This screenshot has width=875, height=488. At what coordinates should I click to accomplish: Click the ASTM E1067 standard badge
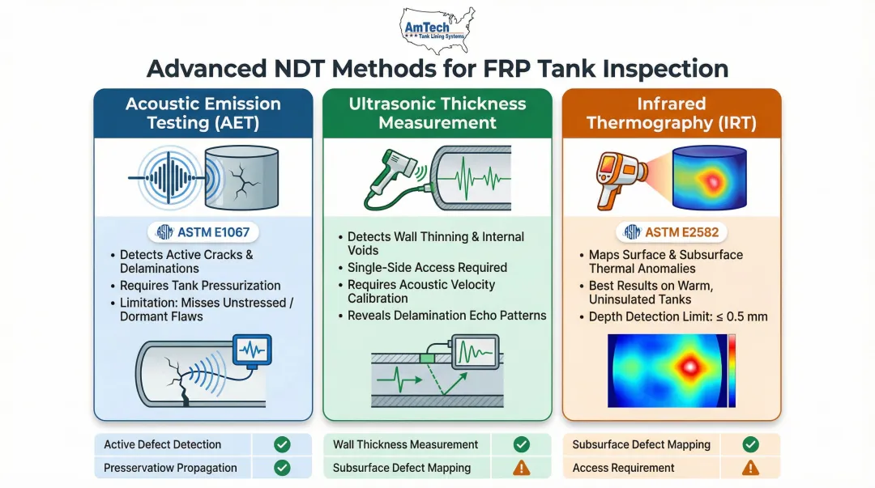click(203, 233)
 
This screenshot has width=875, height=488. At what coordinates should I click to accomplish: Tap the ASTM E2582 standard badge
click(672, 233)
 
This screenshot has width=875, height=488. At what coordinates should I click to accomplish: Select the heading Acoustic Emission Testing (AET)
click(203, 113)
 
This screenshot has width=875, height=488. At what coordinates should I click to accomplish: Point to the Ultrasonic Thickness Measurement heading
click(437, 113)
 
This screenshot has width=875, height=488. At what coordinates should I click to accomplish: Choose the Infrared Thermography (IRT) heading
click(672, 113)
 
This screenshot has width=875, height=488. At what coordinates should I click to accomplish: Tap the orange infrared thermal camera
click(613, 173)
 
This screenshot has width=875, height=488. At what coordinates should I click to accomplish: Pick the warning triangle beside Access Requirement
click(750, 467)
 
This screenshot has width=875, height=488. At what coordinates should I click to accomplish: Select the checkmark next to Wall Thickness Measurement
click(522, 444)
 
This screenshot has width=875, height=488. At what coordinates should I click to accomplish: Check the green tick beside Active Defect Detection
click(282, 444)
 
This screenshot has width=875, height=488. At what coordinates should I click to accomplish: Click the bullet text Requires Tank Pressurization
click(200, 286)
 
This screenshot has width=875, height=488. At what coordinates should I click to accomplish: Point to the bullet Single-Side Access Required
click(427, 268)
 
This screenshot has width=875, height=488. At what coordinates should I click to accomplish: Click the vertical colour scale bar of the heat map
click(732, 371)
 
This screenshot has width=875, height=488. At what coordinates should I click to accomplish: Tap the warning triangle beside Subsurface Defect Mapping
click(522, 467)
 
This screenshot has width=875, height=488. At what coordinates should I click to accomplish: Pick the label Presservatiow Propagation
click(170, 467)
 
